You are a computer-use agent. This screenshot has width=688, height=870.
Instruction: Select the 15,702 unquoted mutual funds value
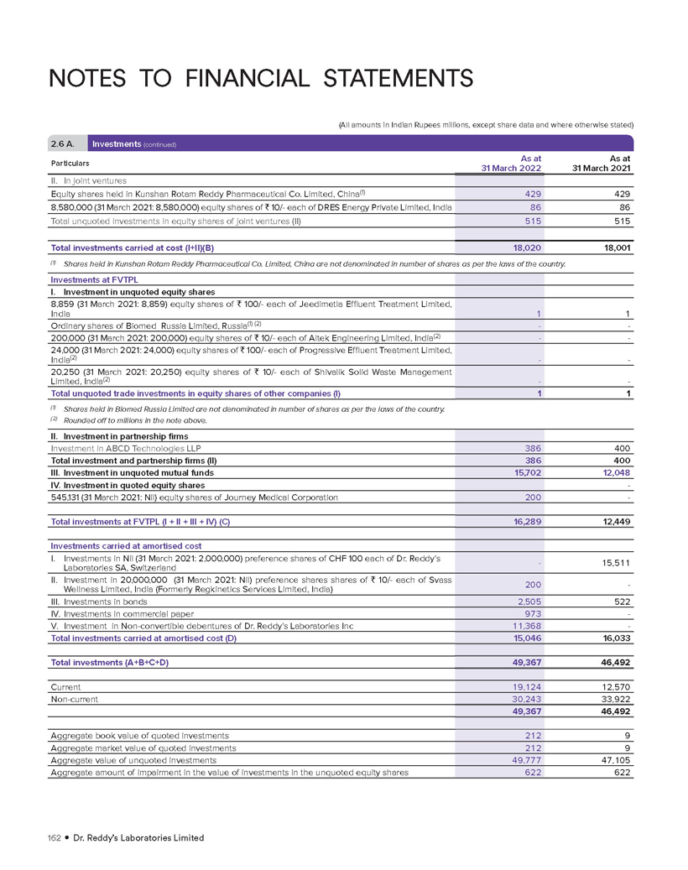526,472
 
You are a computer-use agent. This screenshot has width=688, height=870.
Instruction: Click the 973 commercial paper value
532,615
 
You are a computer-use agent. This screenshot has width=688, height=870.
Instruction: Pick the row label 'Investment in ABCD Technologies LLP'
117,449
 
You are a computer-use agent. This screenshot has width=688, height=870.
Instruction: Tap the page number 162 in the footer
58,837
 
